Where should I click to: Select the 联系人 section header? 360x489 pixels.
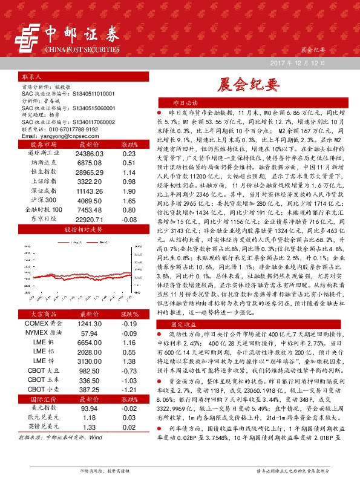pyautogui.click(x=31, y=78)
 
